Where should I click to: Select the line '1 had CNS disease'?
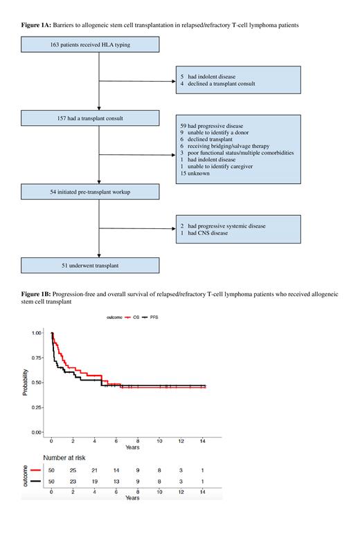(x=208, y=234)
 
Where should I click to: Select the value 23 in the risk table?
(x=73, y=481)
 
